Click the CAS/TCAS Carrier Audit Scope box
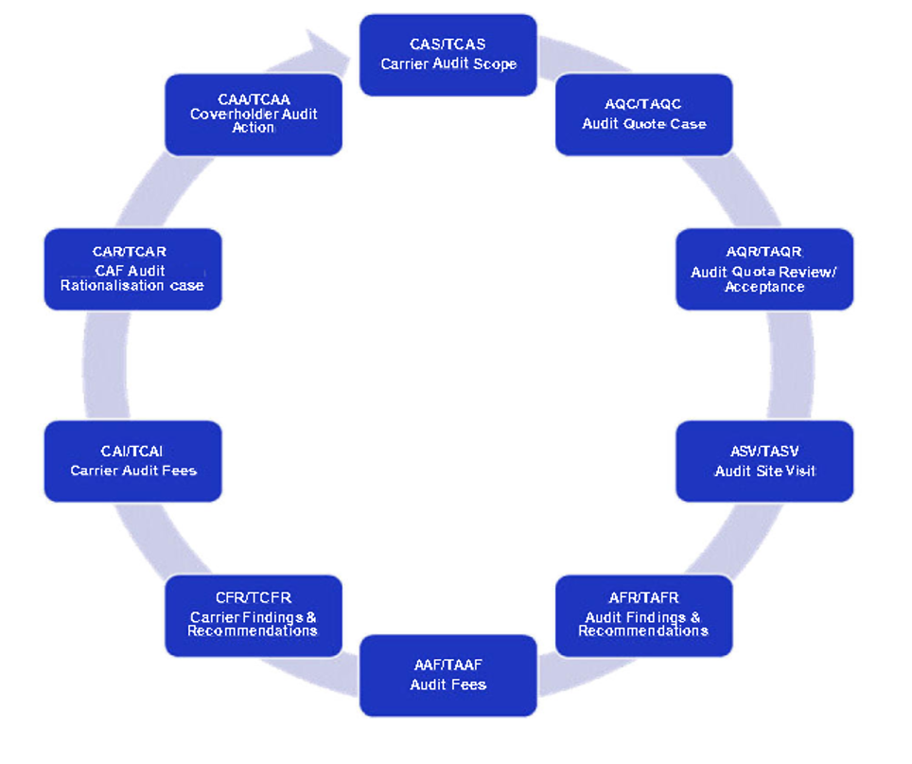click(447, 55)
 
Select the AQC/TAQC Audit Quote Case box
click(643, 115)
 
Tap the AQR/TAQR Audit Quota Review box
click(763, 269)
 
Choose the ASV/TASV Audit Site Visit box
click(763, 461)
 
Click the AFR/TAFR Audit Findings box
click(643, 615)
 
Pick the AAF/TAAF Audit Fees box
click(447, 675)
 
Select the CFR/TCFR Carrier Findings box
click(253, 615)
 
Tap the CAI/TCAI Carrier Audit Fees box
click(132, 461)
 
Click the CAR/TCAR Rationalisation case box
click(132, 269)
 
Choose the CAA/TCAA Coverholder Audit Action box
click(253, 115)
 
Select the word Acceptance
click(764, 287)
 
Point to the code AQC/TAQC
click(643, 104)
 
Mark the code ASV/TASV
click(764, 452)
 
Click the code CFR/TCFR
click(253, 598)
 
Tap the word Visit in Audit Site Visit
click(798, 471)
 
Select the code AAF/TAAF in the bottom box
click(447, 665)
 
